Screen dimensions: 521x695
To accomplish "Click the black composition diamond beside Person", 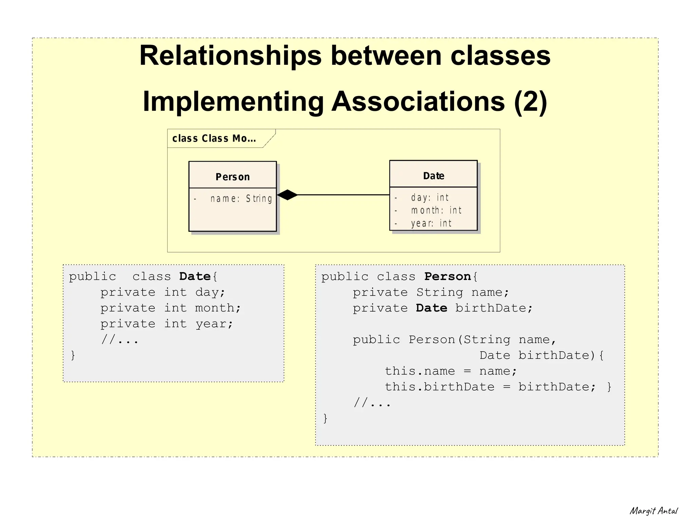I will [x=287, y=195].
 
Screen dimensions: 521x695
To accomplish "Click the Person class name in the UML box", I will [x=232, y=177].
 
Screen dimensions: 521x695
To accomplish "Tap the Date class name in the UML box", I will [x=433, y=176].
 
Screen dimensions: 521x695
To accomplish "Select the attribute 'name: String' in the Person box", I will [x=241, y=199].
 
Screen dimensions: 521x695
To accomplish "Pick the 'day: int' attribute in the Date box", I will [x=430, y=198].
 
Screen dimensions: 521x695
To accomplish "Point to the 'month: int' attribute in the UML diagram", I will [x=436, y=211].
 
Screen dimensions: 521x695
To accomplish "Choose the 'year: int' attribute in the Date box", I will [x=431, y=223].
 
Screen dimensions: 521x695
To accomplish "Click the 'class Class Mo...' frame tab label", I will [x=214, y=139].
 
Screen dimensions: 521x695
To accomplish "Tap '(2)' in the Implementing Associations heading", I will [x=530, y=101].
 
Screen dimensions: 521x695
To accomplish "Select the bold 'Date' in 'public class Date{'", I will [x=195, y=277].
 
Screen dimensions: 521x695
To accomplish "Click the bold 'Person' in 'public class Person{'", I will [x=447, y=277].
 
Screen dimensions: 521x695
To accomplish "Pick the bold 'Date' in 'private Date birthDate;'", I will [x=431, y=308].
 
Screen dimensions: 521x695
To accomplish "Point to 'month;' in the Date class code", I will [x=218, y=308].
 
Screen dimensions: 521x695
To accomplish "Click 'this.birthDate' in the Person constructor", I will [x=439, y=387].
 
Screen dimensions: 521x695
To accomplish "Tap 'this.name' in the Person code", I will [x=420, y=371].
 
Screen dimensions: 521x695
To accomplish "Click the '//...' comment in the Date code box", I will [x=120, y=339].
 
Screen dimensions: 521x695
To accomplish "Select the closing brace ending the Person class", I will [x=325, y=418].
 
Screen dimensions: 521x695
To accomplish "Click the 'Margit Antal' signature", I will [x=653, y=511].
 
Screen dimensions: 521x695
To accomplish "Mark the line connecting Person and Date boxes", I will [x=343, y=195].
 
